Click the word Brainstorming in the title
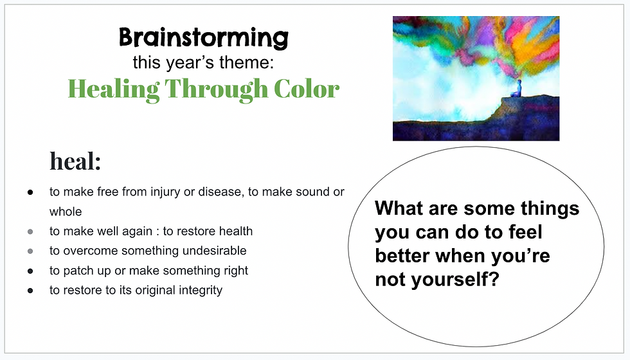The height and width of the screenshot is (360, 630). (x=204, y=38)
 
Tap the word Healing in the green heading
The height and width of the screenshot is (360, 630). (x=114, y=89)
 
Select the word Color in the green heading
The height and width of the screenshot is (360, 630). (x=307, y=89)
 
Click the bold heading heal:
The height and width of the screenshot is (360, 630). (x=75, y=161)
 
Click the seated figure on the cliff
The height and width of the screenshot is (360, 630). (x=517, y=89)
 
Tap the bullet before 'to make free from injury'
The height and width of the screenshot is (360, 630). (x=30, y=192)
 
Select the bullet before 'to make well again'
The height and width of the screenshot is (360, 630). (x=30, y=231)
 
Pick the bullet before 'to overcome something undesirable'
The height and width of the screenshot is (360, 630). (x=30, y=251)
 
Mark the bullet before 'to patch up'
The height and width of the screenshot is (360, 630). (x=30, y=271)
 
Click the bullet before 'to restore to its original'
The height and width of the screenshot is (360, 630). (x=30, y=291)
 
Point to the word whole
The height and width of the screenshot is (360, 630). (x=66, y=212)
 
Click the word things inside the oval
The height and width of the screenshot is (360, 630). (x=550, y=209)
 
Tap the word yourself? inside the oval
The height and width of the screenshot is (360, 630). (x=455, y=279)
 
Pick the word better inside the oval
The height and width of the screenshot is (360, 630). (x=402, y=256)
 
